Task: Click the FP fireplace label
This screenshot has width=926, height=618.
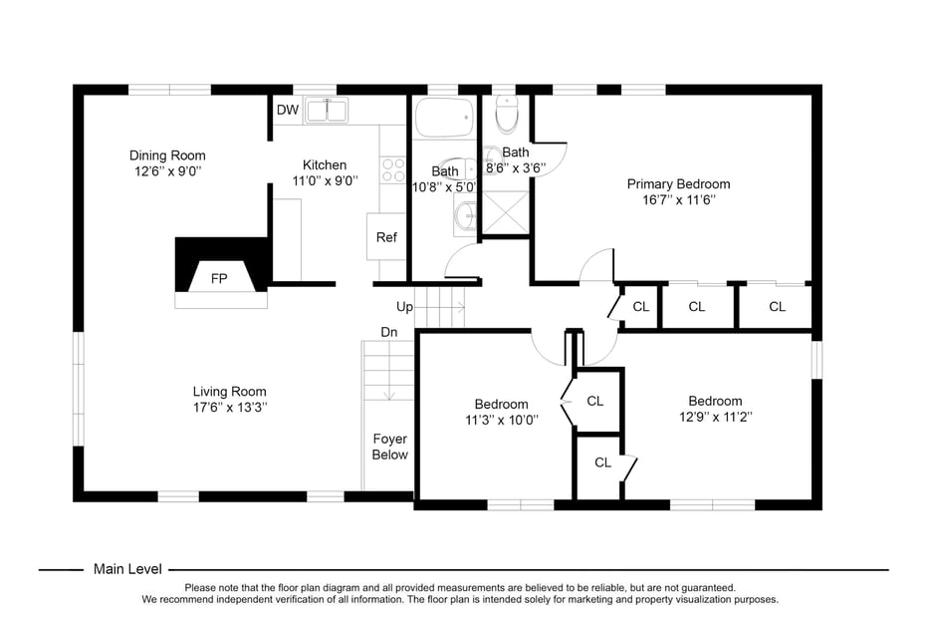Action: click(x=218, y=278)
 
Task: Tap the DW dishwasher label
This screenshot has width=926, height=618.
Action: click(x=287, y=110)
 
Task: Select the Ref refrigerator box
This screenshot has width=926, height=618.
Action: click(x=386, y=237)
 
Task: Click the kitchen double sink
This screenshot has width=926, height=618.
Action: click(x=327, y=110)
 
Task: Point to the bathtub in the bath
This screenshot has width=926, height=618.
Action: click(x=444, y=119)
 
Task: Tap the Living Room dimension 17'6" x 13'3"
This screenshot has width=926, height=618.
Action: click(x=229, y=407)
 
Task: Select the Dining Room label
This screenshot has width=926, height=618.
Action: click(x=167, y=155)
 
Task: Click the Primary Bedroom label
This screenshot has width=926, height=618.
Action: click(x=678, y=183)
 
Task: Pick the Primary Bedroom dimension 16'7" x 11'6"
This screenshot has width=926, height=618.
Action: click(x=678, y=199)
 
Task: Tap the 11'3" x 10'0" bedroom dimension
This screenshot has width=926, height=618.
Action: click(x=501, y=420)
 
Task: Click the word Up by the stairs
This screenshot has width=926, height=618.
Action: click(x=404, y=307)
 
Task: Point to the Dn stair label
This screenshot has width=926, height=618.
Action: click(x=388, y=332)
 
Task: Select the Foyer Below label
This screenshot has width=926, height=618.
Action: click(x=389, y=447)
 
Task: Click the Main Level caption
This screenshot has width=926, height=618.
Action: click(x=127, y=569)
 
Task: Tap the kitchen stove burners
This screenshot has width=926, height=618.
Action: click(x=393, y=168)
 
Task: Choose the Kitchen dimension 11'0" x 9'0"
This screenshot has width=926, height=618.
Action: click(x=325, y=180)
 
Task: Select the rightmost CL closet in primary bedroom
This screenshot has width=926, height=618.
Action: click(x=777, y=307)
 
